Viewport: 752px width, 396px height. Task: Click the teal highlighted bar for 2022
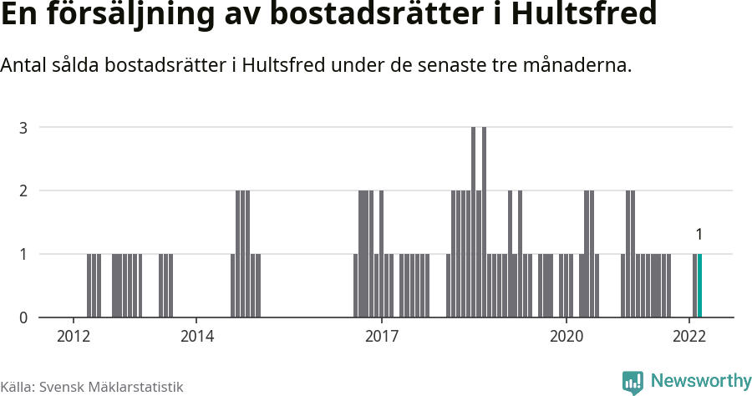coord(700,286)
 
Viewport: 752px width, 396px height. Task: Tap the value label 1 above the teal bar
coord(699,235)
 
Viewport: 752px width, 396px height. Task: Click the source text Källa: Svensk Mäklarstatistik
coord(92,387)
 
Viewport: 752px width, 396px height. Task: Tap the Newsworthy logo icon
coord(633,383)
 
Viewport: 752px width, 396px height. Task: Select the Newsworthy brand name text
coord(700,381)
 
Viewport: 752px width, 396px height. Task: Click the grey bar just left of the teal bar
coord(694,286)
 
